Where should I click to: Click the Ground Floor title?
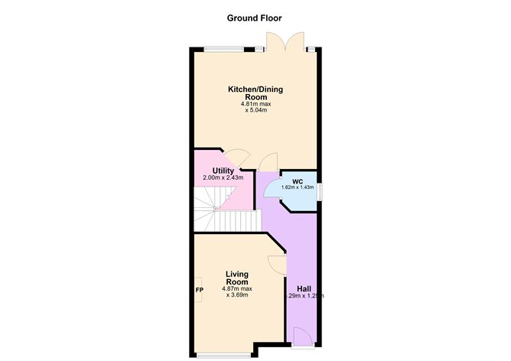tap(255, 18)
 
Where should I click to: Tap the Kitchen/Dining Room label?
tap(255, 93)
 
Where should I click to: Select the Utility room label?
tap(213, 171)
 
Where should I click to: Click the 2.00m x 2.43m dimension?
tap(223, 178)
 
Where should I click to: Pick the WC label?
tap(298, 181)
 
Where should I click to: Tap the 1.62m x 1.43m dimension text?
tap(298, 187)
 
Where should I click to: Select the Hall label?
tap(304, 288)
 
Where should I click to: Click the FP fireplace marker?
tap(200, 290)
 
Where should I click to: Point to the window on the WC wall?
tap(319, 190)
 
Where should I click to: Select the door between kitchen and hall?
tap(269, 162)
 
